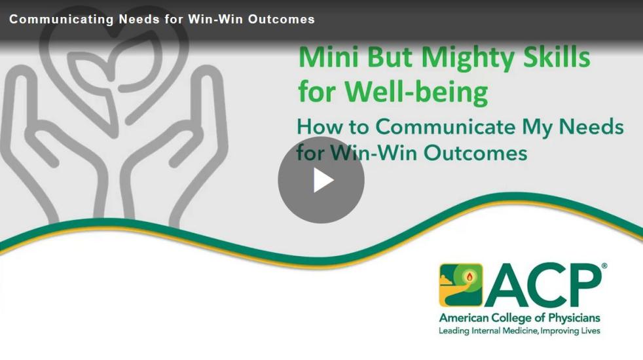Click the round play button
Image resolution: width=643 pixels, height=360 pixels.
click(321, 180)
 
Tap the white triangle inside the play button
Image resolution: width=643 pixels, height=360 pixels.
click(323, 181)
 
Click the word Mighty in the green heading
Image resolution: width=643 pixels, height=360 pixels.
click(468, 58)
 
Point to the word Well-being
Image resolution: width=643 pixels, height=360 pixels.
click(416, 91)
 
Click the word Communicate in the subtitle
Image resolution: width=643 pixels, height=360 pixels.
click(445, 126)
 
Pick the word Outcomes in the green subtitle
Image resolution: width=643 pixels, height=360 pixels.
click(475, 153)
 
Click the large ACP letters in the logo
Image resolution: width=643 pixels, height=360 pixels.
click(543, 285)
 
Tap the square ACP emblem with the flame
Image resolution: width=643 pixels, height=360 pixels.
click(461, 285)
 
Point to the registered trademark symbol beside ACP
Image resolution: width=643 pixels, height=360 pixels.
click(604, 266)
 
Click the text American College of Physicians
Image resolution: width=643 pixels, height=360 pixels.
click(519, 317)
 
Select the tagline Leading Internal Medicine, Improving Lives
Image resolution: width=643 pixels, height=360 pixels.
click(519, 331)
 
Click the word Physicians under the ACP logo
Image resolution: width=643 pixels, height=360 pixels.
click(574, 318)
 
